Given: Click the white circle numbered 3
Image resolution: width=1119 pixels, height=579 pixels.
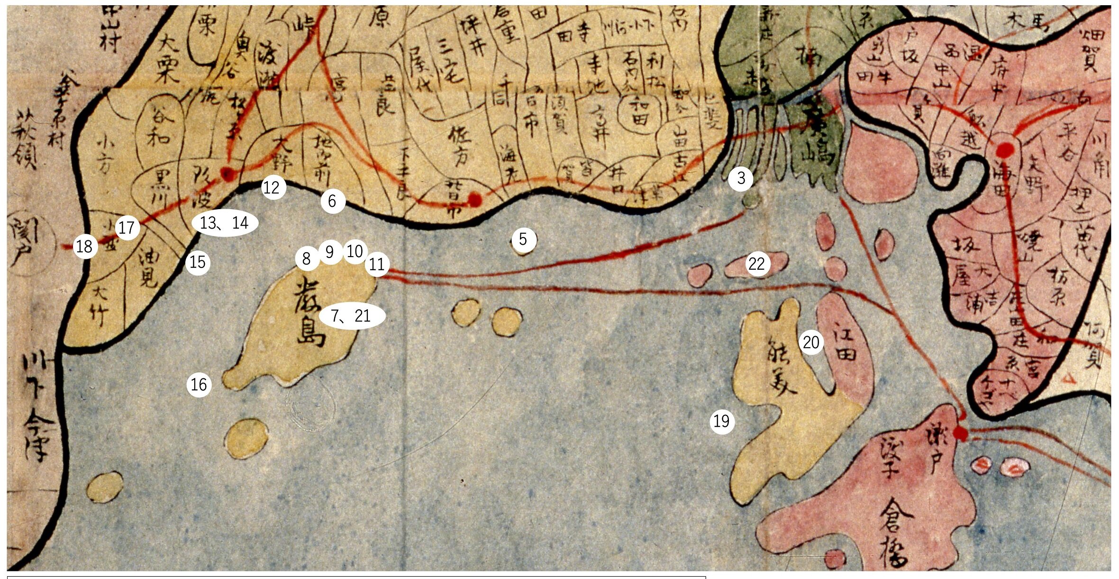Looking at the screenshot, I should [741, 178].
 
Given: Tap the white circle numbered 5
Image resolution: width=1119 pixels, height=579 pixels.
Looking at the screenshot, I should [523, 239].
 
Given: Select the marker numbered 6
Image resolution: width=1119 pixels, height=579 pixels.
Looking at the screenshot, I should [332, 202].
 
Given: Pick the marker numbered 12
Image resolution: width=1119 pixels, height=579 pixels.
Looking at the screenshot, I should [273, 188].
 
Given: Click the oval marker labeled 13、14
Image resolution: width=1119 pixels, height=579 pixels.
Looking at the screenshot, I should [225, 222].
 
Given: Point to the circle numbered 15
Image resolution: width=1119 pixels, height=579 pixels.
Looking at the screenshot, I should [198, 262].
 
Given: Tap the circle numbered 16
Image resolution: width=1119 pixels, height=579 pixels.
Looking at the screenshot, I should [199, 385].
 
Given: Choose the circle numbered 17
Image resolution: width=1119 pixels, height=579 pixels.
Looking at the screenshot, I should [127, 228].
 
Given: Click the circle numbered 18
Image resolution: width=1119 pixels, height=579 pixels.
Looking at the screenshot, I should [85, 247].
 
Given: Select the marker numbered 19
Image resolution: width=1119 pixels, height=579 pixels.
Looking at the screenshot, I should [721, 421].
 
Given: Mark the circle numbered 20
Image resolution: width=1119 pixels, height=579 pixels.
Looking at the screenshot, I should [811, 342].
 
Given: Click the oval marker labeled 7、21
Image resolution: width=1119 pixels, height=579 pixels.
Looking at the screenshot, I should [352, 316].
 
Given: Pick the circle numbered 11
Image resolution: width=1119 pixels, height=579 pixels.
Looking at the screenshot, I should [377, 264].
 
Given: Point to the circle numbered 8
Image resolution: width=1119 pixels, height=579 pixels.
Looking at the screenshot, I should [307, 259].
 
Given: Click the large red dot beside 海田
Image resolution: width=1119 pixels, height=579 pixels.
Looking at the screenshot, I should [1004, 150].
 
